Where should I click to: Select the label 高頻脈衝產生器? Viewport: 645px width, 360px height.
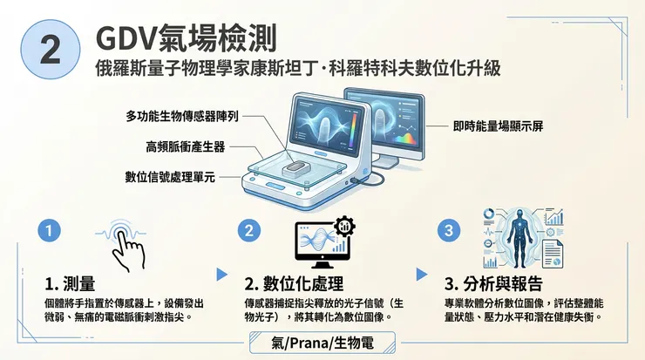pos(185,146)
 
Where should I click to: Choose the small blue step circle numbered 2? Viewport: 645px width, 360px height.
pos(250,231)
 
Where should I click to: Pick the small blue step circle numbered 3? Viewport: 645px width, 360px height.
pos(449,231)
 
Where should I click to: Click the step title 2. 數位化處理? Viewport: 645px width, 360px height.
pos(293,284)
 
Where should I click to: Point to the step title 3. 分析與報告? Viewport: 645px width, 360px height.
pos(493,284)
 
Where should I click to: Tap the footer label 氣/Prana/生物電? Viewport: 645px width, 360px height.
pos(322,343)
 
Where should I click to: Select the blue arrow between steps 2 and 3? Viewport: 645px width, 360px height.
pos(422,274)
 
